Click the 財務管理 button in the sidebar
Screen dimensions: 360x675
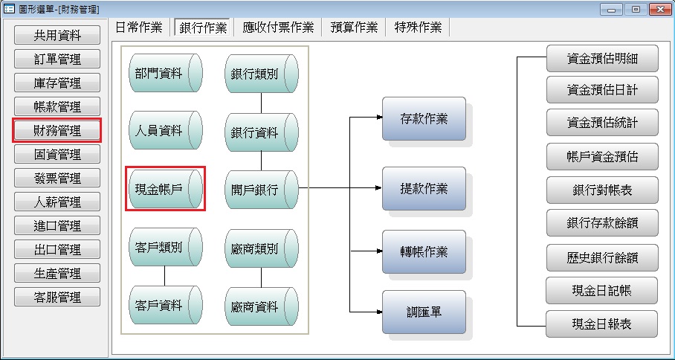point(57,131)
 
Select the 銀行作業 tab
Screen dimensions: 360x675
point(203,28)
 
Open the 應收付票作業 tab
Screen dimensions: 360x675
point(279,28)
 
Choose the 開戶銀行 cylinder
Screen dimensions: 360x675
point(261,189)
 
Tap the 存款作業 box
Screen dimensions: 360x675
point(424,118)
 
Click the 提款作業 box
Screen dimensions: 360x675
point(424,188)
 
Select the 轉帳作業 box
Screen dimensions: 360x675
point(424,251)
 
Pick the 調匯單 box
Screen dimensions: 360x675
point(424,312)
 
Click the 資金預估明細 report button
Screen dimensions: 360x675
point(602,58)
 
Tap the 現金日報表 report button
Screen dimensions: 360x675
point(602,324)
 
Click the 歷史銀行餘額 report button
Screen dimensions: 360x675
point(602,257)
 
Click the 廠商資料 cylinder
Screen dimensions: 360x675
point(261,306)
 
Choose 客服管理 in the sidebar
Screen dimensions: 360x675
point(57,298)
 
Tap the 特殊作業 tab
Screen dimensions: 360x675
point(418,28)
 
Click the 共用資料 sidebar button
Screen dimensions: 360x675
point(57,36)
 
